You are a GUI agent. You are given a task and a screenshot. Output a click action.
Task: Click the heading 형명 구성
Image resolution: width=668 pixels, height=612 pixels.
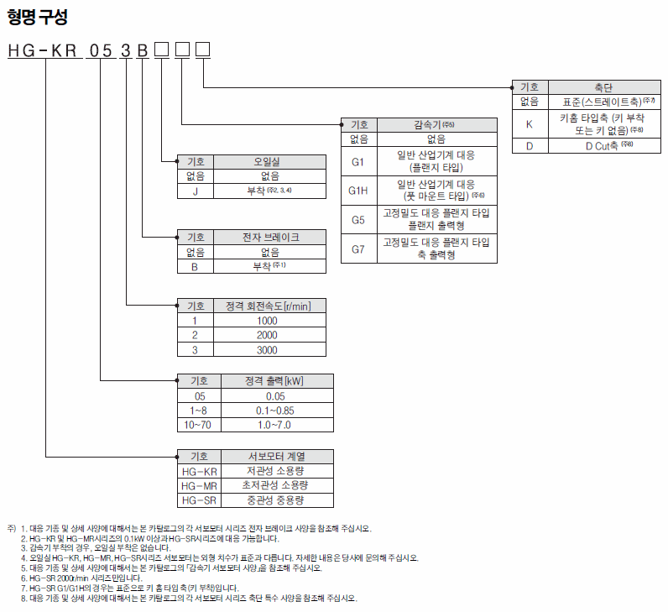pyautogui.click(x=38, y=17)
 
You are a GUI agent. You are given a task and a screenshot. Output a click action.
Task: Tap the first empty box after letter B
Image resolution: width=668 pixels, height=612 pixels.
pyautogui.click(x=161, y=50)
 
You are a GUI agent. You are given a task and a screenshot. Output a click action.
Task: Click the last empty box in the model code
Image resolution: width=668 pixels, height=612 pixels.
pyautogui.click(x=203, y=50)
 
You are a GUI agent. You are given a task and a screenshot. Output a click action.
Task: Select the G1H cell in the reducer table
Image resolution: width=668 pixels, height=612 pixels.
pyautogui.click(x=358, y=191)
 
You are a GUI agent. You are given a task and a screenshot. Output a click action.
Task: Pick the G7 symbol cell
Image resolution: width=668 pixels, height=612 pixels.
pyautogui.click(x=358, y=248)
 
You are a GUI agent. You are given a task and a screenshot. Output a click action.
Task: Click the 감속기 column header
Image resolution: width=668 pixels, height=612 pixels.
pyautogui.click(x=437, y=125)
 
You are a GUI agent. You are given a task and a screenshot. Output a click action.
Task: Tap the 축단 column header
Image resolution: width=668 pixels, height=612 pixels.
pyautogui.click(x=604, y=87)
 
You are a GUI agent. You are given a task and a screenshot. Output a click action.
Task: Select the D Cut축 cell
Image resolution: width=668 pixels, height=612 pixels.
pyautogui.click(x=604, y=146)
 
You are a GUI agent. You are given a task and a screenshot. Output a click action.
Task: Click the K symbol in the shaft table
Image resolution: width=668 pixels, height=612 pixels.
pyautogui.click(x=530, y=124)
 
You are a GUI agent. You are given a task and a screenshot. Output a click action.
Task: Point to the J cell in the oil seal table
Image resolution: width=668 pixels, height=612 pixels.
pyautogui.click(x=196, y=191)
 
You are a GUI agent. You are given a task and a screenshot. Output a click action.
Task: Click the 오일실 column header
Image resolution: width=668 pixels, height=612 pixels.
pyautogui.click(x=269, y=162)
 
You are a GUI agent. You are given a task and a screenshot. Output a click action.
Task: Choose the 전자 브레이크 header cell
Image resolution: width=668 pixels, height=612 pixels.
pyautogui.click(x=269, y=238)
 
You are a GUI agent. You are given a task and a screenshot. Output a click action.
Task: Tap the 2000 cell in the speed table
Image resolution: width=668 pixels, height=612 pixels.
pyautogui.click(x=269, y=335)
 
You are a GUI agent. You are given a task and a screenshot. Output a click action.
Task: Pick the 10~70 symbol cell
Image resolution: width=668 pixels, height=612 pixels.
pyautogui.click(x=199, y=425)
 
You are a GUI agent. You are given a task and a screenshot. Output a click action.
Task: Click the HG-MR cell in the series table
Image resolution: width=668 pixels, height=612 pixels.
pyautogui.click(x=199, y=486)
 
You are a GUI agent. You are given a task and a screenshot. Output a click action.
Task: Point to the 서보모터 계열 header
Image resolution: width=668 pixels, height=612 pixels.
pyautogui.click(x=277, y=457)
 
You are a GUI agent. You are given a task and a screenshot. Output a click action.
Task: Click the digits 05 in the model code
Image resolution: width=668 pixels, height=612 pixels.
pyautogui.click(x=101, y=50)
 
